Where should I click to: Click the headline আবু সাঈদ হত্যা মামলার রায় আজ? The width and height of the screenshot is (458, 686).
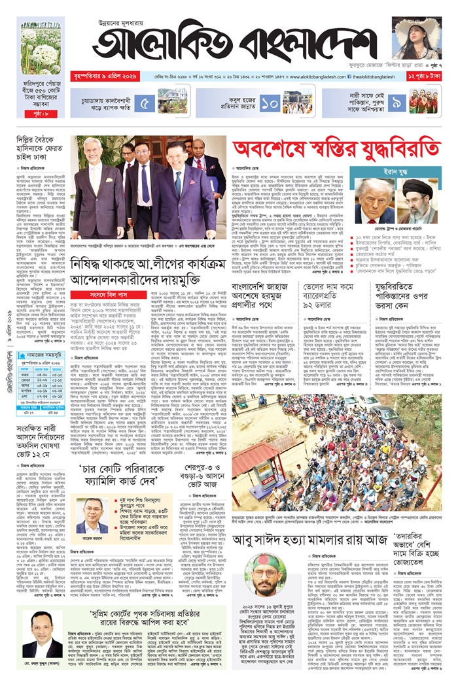pos(319,540)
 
